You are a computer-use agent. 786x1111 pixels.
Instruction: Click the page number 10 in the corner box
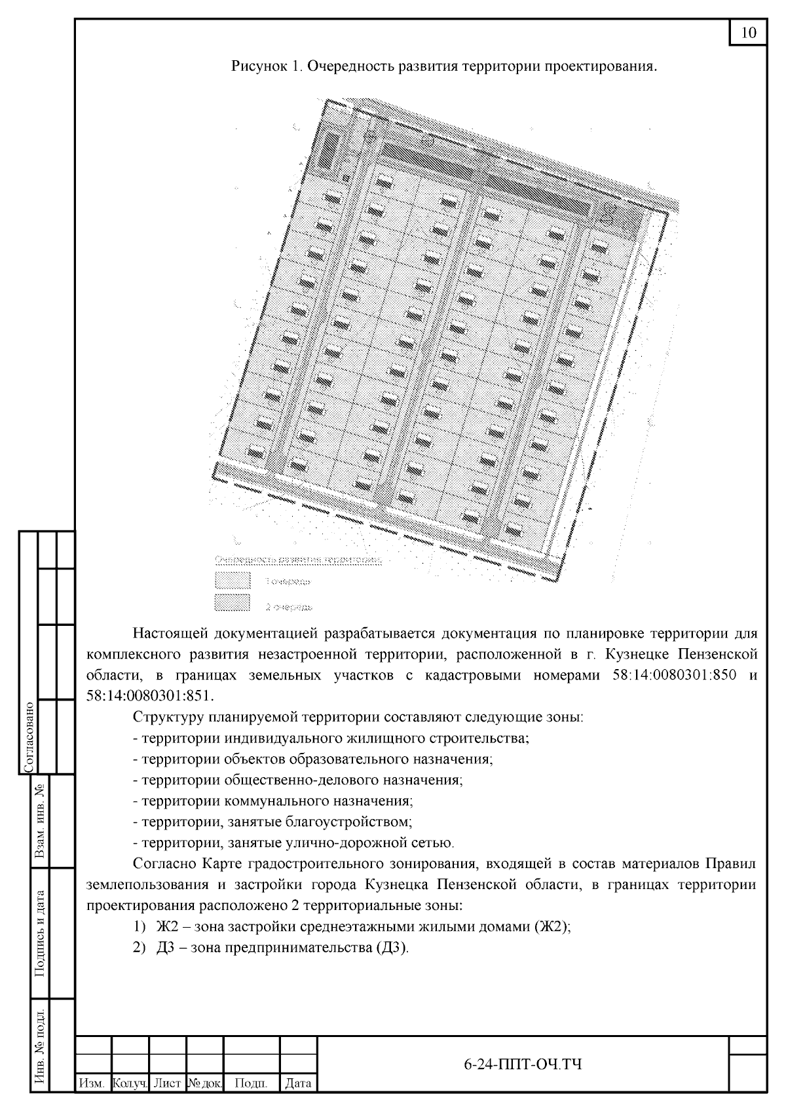[748, 33]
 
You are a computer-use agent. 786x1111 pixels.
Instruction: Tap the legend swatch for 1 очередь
[233, 580]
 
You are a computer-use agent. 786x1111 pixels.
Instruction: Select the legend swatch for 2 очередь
[233, 603]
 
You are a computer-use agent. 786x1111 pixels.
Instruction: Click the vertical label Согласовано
[28, 736]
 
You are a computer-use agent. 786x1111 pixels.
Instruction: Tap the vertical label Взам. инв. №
[40, 821]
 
